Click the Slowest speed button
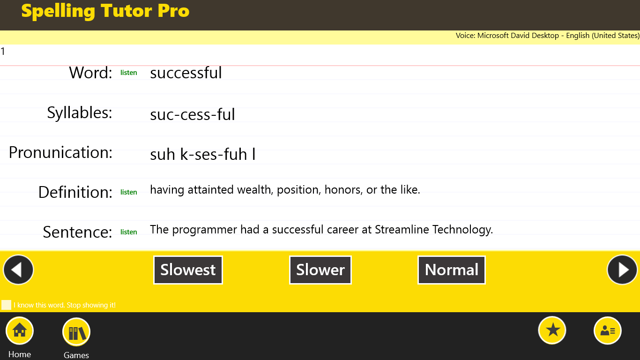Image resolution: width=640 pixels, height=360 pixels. click(x=188, y=270)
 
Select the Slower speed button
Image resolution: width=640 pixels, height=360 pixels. click(x=320, y=270)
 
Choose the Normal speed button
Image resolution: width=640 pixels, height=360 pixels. click(x=452, y=270)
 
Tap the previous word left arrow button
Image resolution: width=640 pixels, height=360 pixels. click(x=18, y=270)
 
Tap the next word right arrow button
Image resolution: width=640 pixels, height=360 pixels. click(x=622, y=270)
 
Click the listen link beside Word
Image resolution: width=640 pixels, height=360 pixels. click(x=129, y=73)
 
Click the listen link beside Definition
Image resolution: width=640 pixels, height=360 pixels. click(x=129, y=192)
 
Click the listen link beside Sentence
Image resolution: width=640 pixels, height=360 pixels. click(x=129, y=232)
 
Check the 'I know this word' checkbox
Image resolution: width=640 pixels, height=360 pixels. click(x=7, y=305)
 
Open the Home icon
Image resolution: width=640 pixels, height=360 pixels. click(x=20, y=331)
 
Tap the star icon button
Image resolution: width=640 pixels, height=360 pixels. click(x=552, y=330)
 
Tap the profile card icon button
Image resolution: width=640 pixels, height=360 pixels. click(x=608, y=330)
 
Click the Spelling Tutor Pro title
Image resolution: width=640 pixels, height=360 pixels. click(x=105, y=11)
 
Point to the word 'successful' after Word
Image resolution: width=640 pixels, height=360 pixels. click(x=186, y=73)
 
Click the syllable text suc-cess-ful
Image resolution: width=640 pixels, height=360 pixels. click(x=193, y=114)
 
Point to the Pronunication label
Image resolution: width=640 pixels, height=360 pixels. click(x=61, y=153)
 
